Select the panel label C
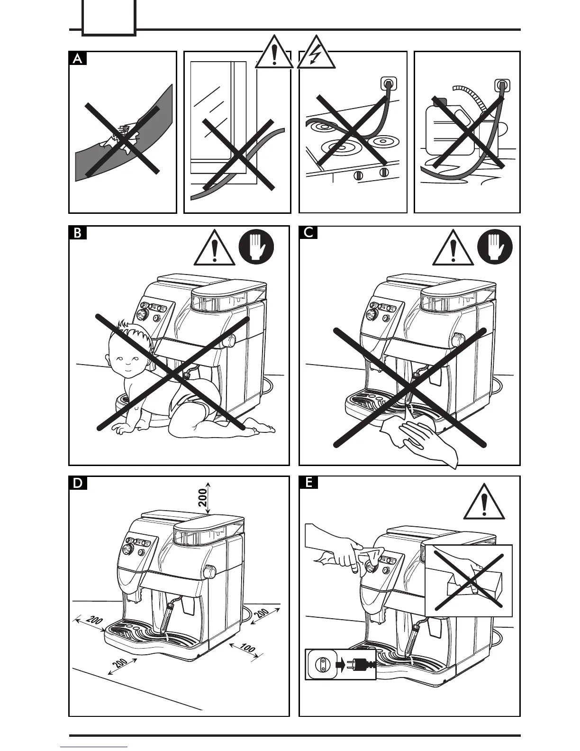(x=308, y=233)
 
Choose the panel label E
(x=308, y=483)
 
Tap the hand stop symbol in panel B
(x=257, y=247)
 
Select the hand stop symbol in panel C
(x=495, y=247)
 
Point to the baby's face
(x=127, y=358)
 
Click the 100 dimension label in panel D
(x=247, y=648)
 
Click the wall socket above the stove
(x=388, y=84)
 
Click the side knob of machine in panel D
(x=208, y=571)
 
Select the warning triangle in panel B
(x=215, y=249)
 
